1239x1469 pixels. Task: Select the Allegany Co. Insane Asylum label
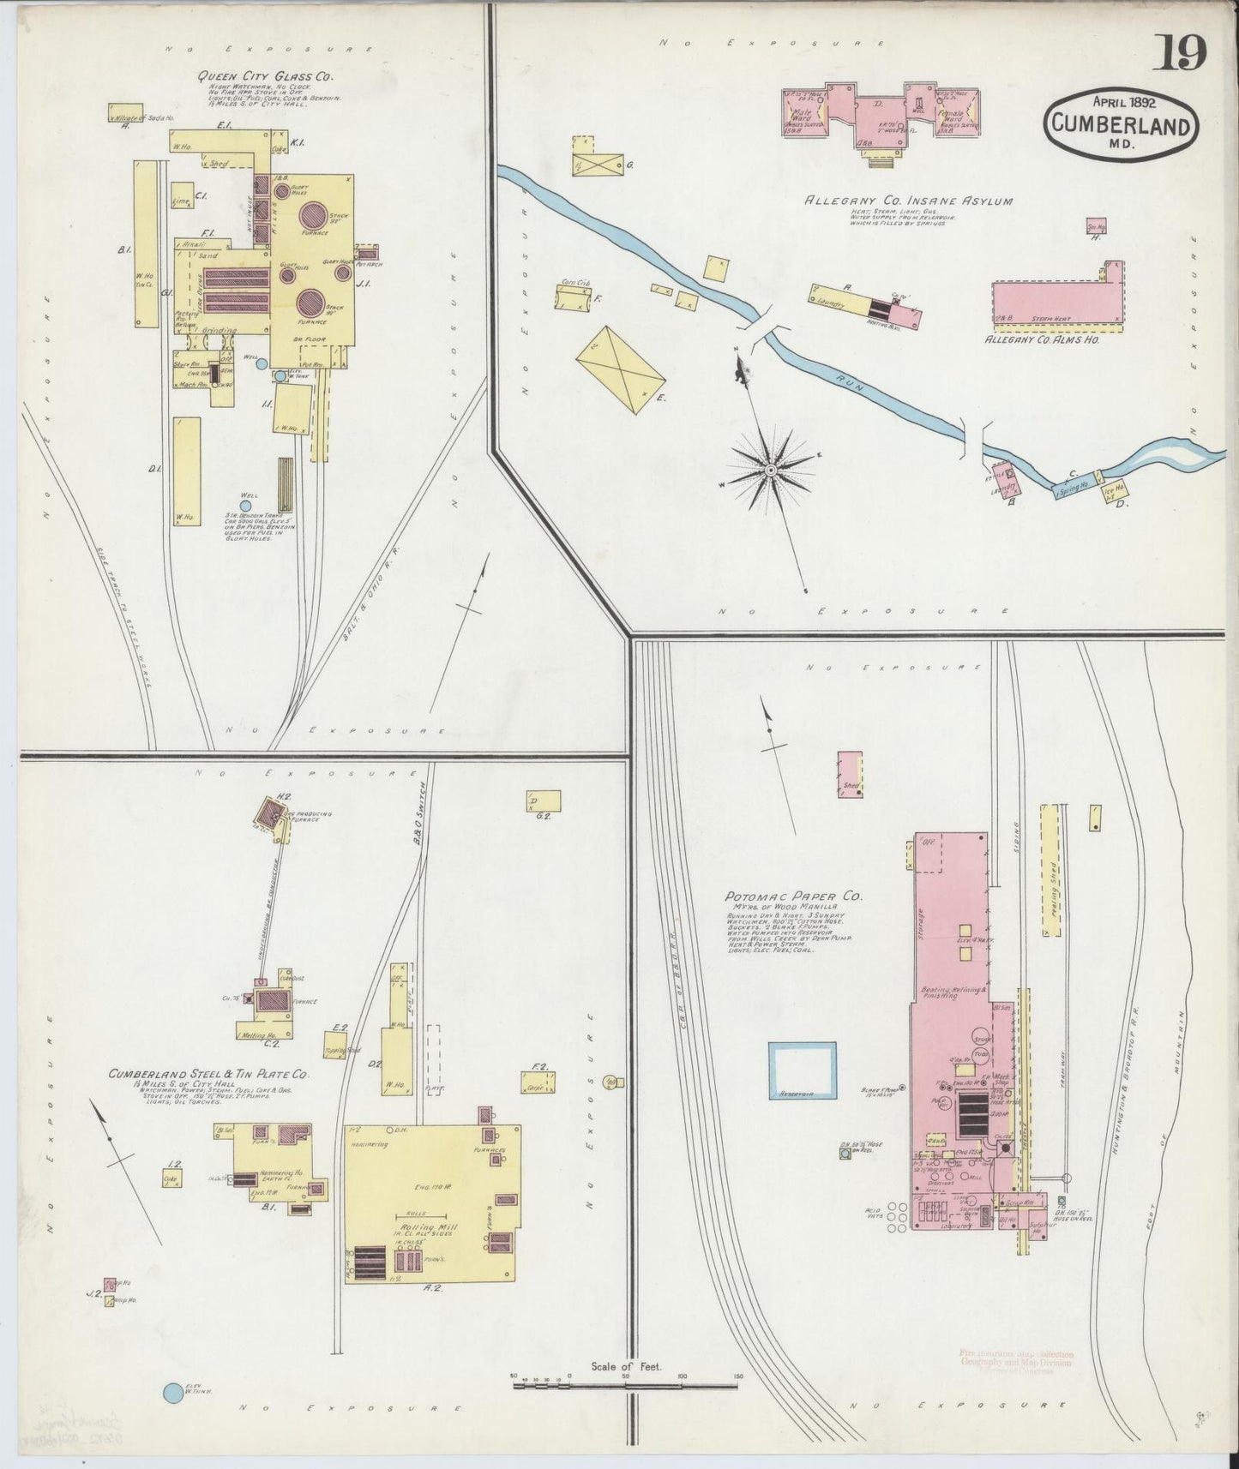tap(908, 201)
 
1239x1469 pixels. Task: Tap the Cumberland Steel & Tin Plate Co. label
tap(208, 1073)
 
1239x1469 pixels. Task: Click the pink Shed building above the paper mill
tap(850, 775)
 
